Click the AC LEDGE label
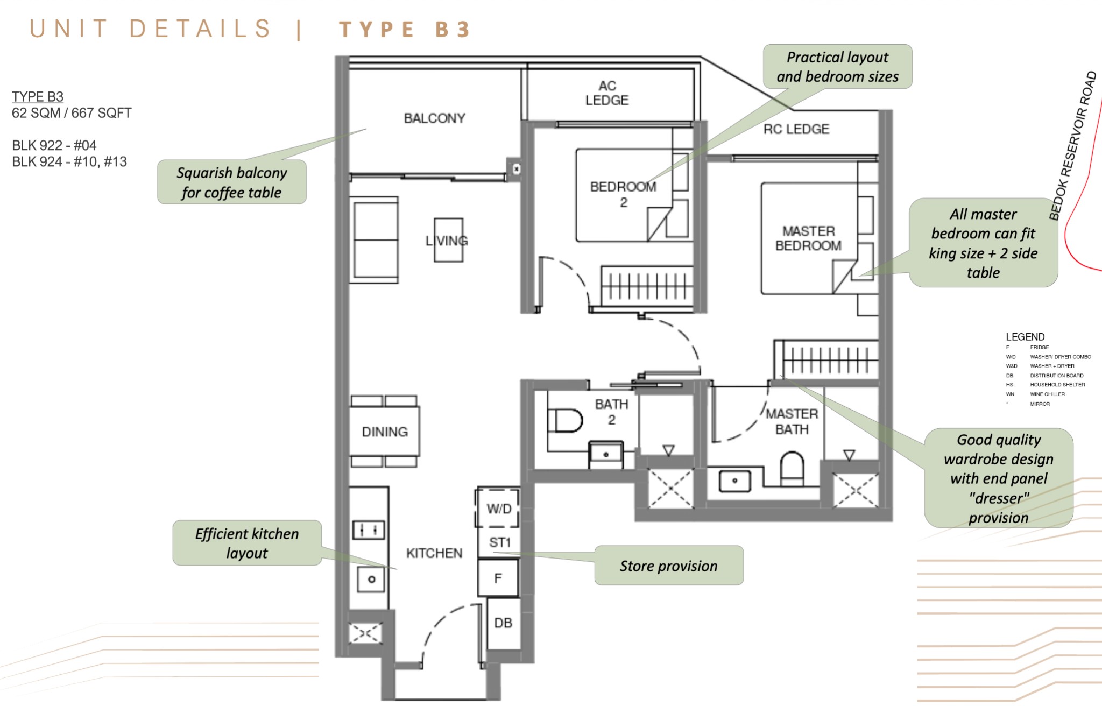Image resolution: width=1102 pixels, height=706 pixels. coord(606,93)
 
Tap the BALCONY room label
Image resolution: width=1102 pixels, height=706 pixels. coord(434,118)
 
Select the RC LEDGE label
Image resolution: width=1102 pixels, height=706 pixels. coord(796,129)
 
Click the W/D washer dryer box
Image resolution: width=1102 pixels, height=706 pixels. coord(498,509)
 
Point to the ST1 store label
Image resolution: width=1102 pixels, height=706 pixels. coord(499,542)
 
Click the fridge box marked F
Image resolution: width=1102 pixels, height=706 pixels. coord(498,578)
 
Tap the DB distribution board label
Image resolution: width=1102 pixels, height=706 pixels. coord(503,623)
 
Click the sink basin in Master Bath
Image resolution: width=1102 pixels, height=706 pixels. coord(734,481)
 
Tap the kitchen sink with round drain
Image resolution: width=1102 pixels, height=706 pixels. coord(371,580)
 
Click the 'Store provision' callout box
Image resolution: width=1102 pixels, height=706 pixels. coord(668,566)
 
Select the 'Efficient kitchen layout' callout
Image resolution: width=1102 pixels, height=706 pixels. coord(247,543)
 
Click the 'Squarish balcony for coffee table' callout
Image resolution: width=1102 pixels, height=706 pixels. coord(231,182)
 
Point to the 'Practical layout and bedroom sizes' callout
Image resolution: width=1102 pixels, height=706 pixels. coord(837,67)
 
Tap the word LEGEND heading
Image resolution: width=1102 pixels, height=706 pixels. coord(1025,337)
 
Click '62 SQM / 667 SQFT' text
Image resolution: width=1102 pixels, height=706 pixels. coord(72,113)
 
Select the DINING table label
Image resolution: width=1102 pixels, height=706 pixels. coord(384,432)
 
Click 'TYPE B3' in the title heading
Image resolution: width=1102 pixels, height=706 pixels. coord(405,29)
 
